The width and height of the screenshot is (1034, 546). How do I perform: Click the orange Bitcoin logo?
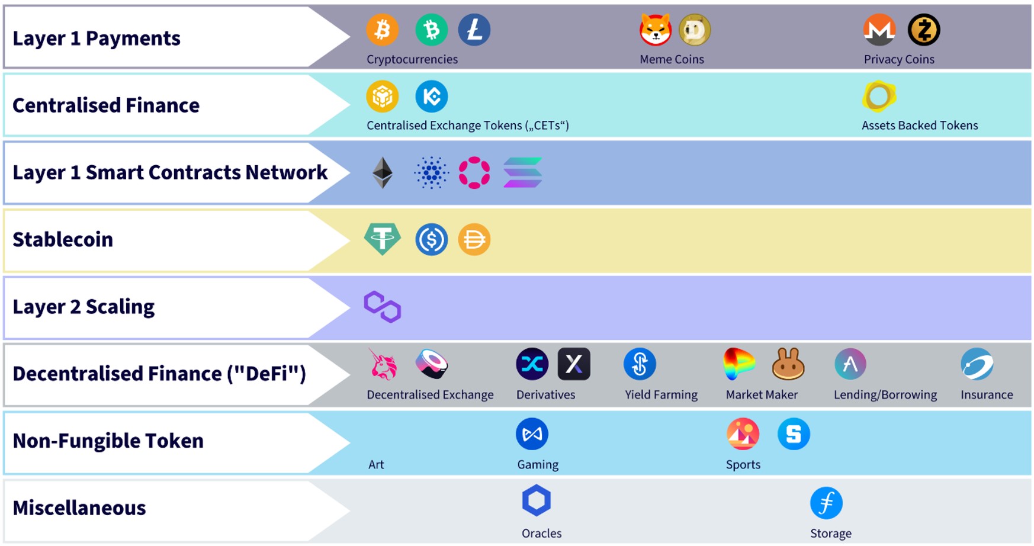382,30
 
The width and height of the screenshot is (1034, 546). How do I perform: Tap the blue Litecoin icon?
474,30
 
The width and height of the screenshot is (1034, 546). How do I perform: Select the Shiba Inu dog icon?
656,30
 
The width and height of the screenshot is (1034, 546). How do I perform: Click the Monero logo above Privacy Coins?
879,30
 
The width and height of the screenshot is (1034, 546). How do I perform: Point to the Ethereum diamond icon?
383,173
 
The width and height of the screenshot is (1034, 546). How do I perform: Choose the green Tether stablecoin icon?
382,239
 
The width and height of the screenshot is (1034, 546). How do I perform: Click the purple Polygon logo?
383,307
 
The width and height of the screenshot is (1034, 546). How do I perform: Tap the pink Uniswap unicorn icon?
383,364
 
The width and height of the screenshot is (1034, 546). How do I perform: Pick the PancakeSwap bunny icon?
788,364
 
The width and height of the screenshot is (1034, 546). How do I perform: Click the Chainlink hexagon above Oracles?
537,501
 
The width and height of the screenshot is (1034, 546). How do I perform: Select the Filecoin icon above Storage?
826,503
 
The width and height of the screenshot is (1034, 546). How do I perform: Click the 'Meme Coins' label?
672,59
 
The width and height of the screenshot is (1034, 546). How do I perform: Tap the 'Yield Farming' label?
661,394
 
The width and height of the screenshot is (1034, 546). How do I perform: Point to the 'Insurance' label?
987,394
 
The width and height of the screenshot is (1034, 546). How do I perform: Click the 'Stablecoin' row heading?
63,239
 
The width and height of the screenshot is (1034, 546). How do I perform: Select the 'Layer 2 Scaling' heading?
84,307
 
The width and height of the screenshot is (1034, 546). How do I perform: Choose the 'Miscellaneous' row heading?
79,508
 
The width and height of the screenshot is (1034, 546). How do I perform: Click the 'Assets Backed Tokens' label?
920,126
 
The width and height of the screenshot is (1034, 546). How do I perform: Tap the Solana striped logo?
522,173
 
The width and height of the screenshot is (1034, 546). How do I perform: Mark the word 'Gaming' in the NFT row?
538,465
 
